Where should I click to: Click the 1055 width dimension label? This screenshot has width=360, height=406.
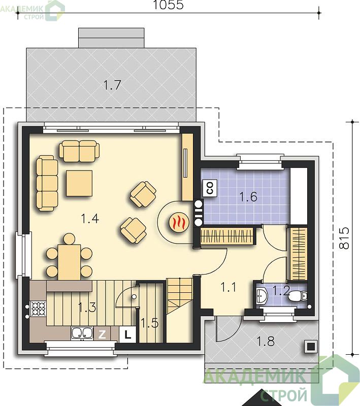pos(169,5)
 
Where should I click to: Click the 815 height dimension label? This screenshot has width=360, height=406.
pos(344,238)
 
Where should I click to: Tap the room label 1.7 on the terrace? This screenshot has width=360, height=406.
pos(112,85)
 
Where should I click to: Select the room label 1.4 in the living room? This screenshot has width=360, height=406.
pos(90,219)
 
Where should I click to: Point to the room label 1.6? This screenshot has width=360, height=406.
pos(248,197)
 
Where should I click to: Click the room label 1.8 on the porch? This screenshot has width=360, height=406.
pos(266,341)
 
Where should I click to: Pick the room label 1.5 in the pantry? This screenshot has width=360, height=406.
pos(150,323)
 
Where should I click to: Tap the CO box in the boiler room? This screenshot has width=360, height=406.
pos(210,188)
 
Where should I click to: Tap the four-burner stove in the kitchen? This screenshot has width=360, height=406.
pos(39,309)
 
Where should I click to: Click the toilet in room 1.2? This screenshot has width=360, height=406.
pos(298,296)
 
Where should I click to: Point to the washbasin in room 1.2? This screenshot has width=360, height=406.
pos(262,296)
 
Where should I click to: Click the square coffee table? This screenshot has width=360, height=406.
pos(79,183)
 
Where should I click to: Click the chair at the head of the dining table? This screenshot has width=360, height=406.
pos(69,239)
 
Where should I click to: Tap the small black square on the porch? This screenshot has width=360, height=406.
pos(311,346)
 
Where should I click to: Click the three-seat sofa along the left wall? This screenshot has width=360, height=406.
pos(47,184)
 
